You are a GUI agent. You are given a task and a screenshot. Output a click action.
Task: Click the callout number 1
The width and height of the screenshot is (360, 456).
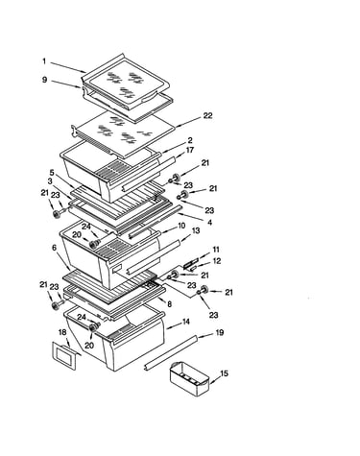[44, 60]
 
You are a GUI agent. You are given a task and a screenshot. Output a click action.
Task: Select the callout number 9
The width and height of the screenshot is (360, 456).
[44, 80]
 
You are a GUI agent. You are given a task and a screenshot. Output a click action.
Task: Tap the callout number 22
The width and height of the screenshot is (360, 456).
[207, 115]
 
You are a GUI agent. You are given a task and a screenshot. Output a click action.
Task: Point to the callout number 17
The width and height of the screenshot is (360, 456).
[190, 150]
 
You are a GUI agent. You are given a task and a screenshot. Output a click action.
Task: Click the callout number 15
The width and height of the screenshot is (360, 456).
[225, 373]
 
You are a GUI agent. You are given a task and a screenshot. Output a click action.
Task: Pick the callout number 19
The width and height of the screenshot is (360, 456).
[219, 333]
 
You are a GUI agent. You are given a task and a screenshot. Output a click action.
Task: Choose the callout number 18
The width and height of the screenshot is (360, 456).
[62, 332]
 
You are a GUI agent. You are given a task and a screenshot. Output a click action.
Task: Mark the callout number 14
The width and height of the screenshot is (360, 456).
[185, 322]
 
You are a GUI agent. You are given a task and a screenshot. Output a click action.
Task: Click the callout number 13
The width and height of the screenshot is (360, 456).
[196, 230]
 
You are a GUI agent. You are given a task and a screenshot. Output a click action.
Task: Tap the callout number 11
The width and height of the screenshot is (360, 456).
[216, 250]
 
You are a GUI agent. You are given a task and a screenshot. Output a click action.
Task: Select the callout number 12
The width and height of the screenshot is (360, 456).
[217, 261]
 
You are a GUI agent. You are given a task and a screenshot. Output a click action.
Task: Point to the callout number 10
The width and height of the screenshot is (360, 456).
[181, 226]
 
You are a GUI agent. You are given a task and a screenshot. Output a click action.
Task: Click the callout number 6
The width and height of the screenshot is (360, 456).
[54, 248]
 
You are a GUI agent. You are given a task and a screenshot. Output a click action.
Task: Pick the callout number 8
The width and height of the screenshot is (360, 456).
[169, 304]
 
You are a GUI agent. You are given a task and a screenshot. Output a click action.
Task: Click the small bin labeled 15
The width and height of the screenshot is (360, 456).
[189, 378]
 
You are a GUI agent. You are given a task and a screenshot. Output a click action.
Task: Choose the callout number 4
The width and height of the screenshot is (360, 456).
[209, 222]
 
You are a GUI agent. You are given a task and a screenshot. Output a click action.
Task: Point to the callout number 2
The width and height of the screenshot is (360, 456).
[190, 140]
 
